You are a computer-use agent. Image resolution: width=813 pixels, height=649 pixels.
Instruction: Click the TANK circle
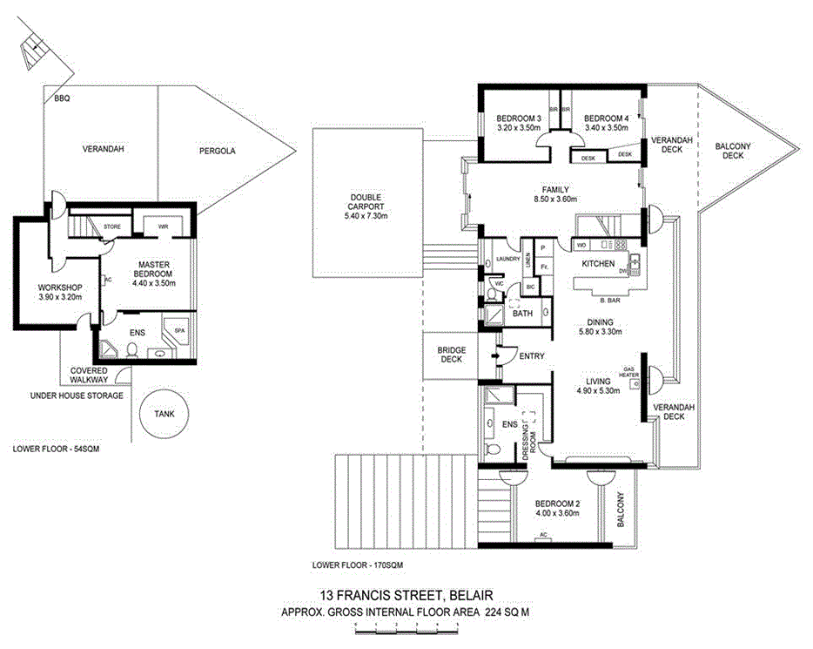coord(165,415)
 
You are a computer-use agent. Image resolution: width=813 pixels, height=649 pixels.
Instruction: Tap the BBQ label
coord(61,99)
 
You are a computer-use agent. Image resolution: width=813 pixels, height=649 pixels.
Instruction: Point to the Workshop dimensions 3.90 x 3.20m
coord(59,297)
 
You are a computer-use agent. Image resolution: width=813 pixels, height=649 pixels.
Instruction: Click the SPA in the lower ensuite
coord(180,332)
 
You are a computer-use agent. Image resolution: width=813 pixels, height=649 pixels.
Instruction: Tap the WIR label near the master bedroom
coord(163,227)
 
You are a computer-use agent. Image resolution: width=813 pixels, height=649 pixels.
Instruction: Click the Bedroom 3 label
coord(520,118)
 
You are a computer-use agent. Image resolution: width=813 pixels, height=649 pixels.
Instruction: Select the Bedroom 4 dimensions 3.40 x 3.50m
coord(606,128)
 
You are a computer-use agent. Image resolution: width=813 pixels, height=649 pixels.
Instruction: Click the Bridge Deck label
coord(451,355)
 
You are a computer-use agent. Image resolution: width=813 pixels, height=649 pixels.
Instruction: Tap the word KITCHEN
coord(599,264)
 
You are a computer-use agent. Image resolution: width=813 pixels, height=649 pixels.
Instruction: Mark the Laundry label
coord(507,259)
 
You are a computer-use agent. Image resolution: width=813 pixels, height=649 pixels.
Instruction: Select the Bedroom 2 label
coord(556,504)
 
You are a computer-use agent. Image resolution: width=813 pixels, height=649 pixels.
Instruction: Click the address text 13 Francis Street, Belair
coord(406,596)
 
